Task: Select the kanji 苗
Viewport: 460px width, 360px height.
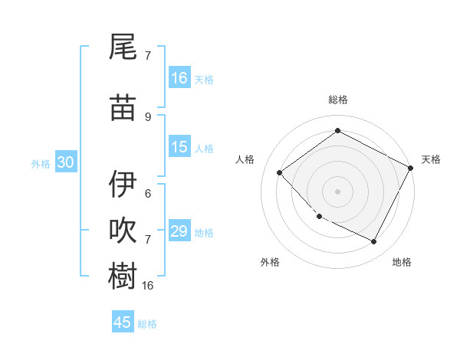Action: pyautogui.click(x=123, y=108)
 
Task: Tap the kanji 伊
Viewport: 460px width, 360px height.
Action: pyautogui.click(x=123, y=184)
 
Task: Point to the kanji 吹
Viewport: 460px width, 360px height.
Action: pyautogui.click(x=123, y=231)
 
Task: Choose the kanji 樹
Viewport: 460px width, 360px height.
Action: pyautogui.click(x=123, y=276)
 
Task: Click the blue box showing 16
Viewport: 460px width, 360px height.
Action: pyautogui.click(x=179, y=78)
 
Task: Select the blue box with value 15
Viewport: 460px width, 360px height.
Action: pyautogui.click(x=179, y=147)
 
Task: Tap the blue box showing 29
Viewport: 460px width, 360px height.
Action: pyautogui.click(x=179, y=231)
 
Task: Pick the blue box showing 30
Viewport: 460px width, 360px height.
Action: pyautogui.click(x=65, y=162)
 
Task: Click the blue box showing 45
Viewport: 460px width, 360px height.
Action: pyautogui.click(x=123, y=322)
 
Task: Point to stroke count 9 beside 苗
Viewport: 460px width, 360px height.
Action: pyautogui.click(x=148, y=117)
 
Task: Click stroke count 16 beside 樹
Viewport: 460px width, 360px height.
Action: pyautogui.click(x=149, y=285)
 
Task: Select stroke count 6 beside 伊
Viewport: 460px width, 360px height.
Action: pyautogui.click(x=148, y=193)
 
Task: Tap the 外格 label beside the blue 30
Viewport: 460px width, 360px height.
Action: pyautogui.click(x=41, y=163)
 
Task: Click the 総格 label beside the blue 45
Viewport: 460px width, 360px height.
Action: pyautogui.click(x=147, y=324)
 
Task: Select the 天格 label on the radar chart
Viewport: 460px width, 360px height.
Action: pyautogui.click(x=431, y=159)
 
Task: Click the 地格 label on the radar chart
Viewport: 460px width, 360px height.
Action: pyautogui.click(x=402, y=262)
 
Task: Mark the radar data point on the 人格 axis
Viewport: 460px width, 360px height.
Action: pyautogui.click(x=280, y=172)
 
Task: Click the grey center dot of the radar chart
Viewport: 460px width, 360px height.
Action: pyautogui.click(x=337, y=191)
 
